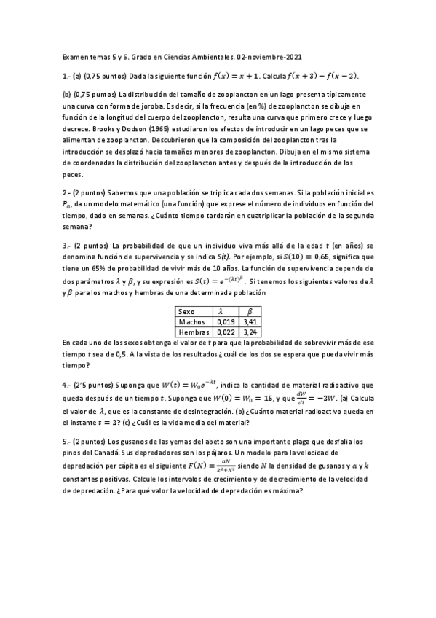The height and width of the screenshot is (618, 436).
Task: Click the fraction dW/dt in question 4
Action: [298, 399]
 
